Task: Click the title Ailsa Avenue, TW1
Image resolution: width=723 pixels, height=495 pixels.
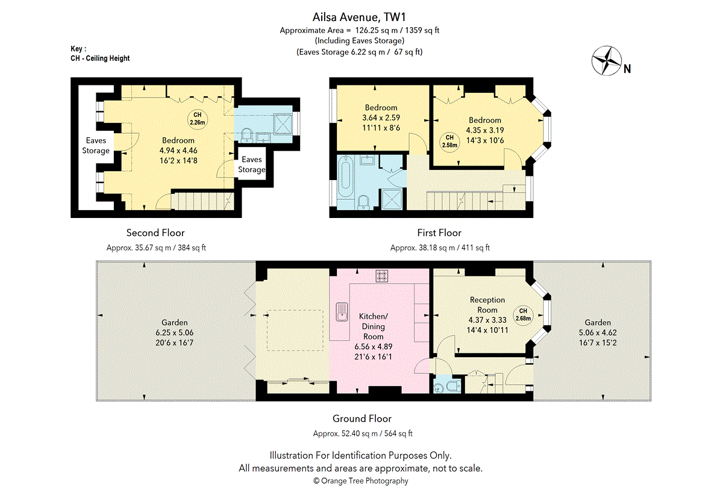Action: [362, 17]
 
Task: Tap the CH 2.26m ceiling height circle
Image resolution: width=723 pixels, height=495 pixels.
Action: [197, 119]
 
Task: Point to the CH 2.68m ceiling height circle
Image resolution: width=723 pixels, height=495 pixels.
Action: [522, 315]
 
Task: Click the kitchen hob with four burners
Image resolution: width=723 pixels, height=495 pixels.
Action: [381, 276]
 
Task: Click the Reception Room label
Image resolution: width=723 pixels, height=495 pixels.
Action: [487, 305]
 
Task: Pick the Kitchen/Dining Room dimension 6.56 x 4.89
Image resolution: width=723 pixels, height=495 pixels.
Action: [374, 347]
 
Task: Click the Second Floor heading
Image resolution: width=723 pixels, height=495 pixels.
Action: [155, 232]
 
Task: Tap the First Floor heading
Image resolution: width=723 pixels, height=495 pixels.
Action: [439, 232]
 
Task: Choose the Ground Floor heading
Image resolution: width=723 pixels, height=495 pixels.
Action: [362, 419]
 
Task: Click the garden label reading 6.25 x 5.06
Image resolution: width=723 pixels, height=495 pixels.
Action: [174, 332]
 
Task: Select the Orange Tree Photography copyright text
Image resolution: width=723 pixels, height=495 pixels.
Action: [361, 481]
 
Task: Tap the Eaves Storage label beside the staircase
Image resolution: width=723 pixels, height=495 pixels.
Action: [251, 164]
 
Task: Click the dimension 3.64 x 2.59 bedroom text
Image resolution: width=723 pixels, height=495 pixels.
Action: [381, 118]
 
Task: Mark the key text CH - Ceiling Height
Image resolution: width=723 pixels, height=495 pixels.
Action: [100, 58]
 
